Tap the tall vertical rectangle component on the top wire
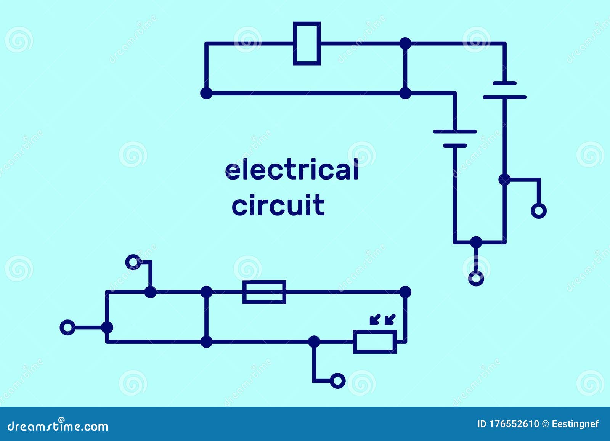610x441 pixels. point(307,43)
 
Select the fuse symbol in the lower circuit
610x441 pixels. point(264,292)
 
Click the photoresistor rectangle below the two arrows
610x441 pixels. point(375,342)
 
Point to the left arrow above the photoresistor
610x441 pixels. point(374,319)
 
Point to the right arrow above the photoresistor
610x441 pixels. point(390,319)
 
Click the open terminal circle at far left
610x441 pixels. point(67,327)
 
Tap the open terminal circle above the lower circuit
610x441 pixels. point(133,262)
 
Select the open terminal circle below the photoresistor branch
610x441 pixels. point(337,380)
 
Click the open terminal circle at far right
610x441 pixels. point(539,210)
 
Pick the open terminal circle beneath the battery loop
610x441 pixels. point(476,278)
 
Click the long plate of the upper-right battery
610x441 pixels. point(504,97)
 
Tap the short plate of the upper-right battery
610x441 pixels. point(504,83)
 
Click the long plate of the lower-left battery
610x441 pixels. point(455,131)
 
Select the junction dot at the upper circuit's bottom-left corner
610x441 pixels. point(206,93)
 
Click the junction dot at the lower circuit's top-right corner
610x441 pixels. point(405,292)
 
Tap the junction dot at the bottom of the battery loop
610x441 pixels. point(476,242)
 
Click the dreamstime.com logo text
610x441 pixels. point(58,426)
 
